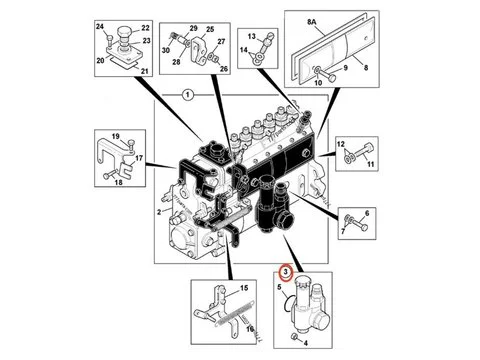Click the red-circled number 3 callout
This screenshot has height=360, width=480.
click(x=285, y=270)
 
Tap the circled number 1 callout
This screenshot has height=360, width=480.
click(x=187, y=95)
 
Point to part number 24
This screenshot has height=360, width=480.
click(x=101, y=26)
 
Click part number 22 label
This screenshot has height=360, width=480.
click(x=146, y=26)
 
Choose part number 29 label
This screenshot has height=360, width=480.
click(x=193, y=31)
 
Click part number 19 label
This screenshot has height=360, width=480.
click(x=114, y=137)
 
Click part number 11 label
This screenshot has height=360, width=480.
click(x=369, y=164)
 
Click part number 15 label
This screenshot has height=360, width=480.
click(x=243, y=288)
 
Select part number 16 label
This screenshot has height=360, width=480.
click(x=250, y=327)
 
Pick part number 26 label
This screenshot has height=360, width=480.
click(x=224, y=68)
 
